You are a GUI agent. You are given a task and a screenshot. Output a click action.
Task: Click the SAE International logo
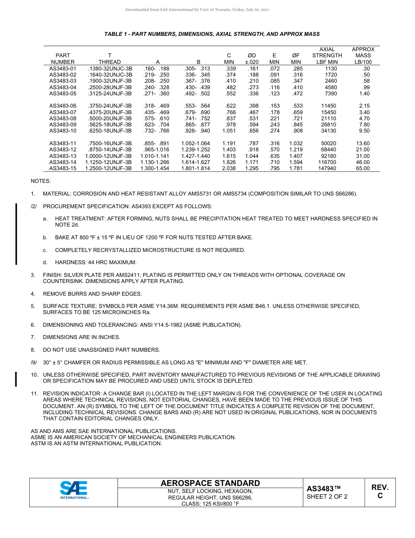pyautogui.click(x=74, y=490)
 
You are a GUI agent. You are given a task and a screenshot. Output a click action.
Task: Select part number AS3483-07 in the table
pyautogui.click(x=63, y=112)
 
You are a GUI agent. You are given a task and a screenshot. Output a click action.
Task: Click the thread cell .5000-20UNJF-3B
pyautogui.click(x=110, y=119)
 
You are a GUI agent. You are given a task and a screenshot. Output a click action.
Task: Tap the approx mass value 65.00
pyautogui.click(x=363, y=168)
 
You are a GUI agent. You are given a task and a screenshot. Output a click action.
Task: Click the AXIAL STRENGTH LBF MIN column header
pyautogui.click(x=327, y=56)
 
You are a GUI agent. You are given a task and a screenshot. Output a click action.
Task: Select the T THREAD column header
pyautogui.click(x=110, y=59)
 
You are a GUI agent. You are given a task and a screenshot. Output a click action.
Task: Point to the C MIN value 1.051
pyautogui.click(x=229, y=131)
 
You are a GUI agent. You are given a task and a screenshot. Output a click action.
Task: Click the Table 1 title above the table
pyautogui.click(x=212, y=34)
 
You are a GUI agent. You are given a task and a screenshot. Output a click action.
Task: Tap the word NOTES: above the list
pyautogui.click(x=41, y=181)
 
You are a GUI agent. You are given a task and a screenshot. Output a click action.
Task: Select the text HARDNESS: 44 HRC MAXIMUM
pyautogui.click(x=96, y=262)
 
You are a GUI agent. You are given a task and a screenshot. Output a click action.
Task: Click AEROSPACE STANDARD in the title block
pyautogui.click(x=210, y=483)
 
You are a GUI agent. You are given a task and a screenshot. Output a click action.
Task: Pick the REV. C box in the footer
pyautogui.click(x=380, y=492)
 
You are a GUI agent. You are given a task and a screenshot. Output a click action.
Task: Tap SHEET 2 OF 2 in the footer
pyautogui.click(x=327, y=496)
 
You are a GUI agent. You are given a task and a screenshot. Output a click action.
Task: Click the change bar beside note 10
pyautogui.click(x=16, y=378)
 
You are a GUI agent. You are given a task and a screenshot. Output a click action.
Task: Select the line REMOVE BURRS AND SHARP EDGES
pyautogui.click(x=92, y=294)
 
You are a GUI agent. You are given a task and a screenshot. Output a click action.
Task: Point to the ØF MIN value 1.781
pyautogui.click(x=296, y=168)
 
